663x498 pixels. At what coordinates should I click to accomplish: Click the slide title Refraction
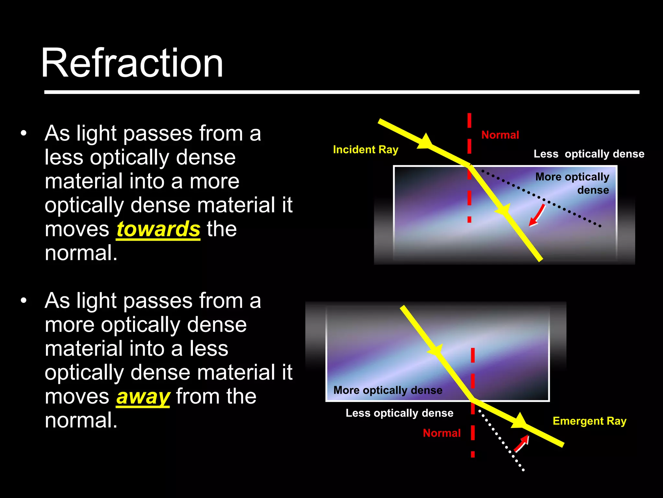point(132,63)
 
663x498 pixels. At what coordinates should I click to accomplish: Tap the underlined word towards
point(158,229)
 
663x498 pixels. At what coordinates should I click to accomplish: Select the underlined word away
point(143,397)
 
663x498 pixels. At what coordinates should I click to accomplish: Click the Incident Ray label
point(365,150)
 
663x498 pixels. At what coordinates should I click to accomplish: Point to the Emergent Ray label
point(590,421)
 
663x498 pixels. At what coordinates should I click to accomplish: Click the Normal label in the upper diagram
point(500,135)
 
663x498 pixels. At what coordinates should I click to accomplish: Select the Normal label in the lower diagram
point(442,433)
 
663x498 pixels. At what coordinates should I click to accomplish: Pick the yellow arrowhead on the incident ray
point(425,142)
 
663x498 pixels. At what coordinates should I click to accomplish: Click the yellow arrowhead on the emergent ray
point(519,421)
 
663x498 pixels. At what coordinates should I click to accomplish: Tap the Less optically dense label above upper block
point(589,154)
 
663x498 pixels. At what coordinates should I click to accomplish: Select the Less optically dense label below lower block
point(399,413)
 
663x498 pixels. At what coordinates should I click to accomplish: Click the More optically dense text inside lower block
point(388,390)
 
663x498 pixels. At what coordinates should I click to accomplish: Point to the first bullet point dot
point(23,134)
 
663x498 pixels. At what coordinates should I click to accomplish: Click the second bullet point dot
point(23,301)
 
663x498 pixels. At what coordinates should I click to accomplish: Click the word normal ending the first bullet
point(81,253)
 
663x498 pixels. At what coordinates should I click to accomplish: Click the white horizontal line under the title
point(342,92)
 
